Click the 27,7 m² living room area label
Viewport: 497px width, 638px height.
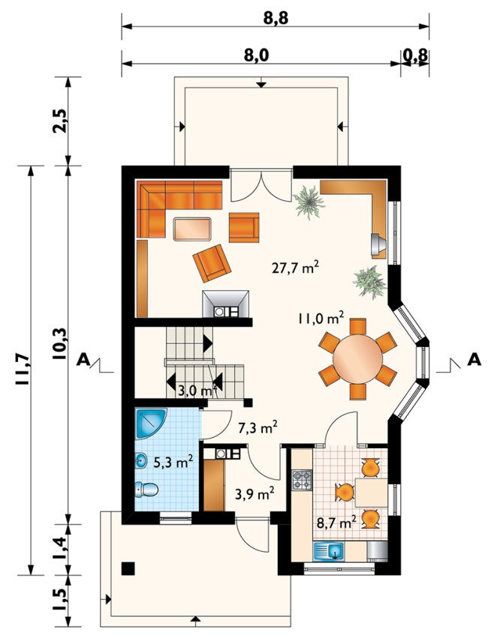coord(295,268)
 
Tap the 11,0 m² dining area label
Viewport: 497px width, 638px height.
coord(321,318)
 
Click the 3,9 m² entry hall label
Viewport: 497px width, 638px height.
coord(255,493)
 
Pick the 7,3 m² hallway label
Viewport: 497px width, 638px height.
coord(258,427)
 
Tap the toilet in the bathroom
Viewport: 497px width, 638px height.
coord(146,489)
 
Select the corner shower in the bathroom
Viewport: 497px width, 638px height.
coord(151,424)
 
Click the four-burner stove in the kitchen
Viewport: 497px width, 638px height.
coord(302,479)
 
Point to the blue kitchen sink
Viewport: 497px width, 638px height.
coord(329,551)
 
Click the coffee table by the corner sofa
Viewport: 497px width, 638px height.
coord(192,229)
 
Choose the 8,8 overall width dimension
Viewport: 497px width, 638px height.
coord(276,18)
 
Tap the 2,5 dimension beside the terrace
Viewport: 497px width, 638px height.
coord(59,121)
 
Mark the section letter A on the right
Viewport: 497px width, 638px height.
coord(474,359)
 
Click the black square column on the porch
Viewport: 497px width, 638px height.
coord(128,568)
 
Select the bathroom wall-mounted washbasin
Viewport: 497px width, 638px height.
coord(141,462)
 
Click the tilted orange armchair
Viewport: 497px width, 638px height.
coord(212,263)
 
